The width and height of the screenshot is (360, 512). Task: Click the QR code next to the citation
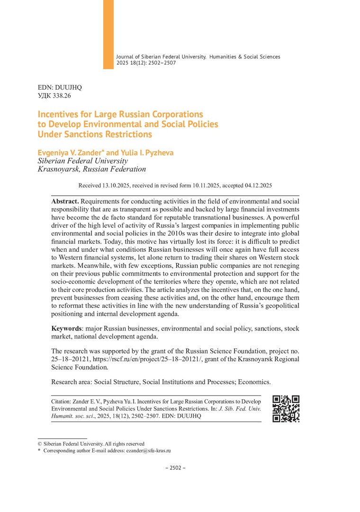pyautogui.click(x=286, y=409)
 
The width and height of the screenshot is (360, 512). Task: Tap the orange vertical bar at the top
pyautogui.click(x=108, y=34)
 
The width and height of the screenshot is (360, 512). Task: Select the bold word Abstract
pyautogui.click(x=65, y=201)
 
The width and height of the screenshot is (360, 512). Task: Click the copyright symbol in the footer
pyautogui.click(x=39, y=444)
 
